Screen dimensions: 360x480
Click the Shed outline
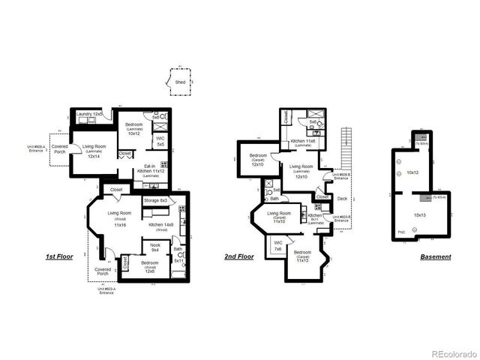(x=180, y=82)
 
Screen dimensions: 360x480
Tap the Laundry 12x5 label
(x=89, y=114)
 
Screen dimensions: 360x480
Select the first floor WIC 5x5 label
(x=160, y=141)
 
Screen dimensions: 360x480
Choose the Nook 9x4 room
(x=155, y=248)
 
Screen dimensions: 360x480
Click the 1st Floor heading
(x=58, y=256)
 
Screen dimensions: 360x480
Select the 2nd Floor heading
(x=238, y=256)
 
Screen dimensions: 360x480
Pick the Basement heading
(x=436, y=256)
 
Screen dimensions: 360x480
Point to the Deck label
(x=343, y=199)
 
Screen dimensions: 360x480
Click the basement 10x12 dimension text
(x=412, y=172)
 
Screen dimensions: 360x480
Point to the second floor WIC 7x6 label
(x=277, y=246)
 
